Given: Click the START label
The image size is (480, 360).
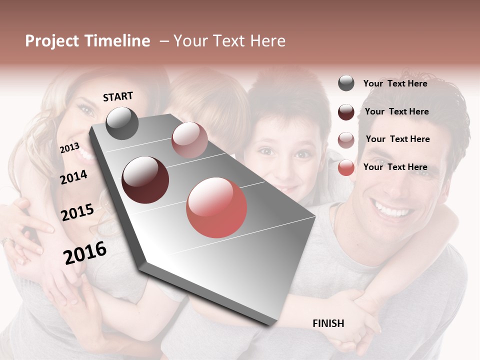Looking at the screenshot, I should click(x=118, y=96).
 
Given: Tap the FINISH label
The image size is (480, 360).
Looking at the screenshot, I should click(x=328, y=323).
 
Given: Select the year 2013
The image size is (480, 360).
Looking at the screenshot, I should click(x=69, y=148).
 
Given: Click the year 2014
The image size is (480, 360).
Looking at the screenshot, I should click(x=73, y=177).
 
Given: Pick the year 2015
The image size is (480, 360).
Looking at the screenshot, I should click(x=77, y=212).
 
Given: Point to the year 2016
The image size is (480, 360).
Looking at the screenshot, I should click(x=85, y=252).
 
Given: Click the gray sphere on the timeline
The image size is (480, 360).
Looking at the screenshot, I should click(x=122, y=123).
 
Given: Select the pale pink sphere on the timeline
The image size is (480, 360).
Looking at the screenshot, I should click(x=189, y=140).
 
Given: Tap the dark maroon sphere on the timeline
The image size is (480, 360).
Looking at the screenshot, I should click(x=145, y=180).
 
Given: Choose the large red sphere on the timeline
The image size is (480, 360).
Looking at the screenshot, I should click(x=216, y=207).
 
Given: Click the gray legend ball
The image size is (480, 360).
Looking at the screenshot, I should click(x=346, y=83).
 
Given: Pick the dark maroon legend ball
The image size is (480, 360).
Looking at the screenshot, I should click(x=346, y=112).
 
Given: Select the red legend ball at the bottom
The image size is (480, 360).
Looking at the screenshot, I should click(x=346, y=168).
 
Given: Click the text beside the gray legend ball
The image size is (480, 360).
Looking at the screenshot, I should click(x=395, y=83).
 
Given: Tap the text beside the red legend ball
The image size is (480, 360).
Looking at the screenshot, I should click(x=395, y=167).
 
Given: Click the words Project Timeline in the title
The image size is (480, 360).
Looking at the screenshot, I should click(x=87, y=41).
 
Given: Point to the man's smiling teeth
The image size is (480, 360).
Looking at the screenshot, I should click(x=395, y=209).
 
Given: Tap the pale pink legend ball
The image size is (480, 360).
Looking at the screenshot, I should click(x=346, y=140).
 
